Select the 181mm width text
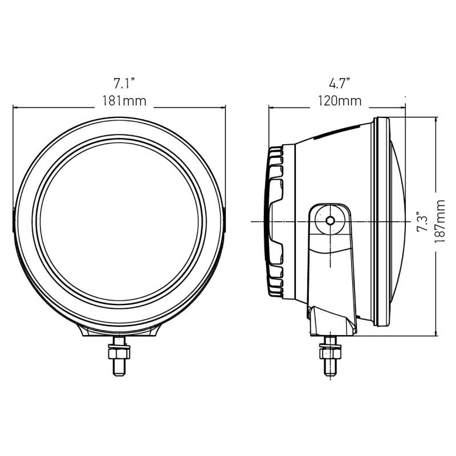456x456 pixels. [x=124, y=101]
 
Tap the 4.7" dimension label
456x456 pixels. [x=339, y=84]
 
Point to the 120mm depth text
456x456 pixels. [x=340, y=101]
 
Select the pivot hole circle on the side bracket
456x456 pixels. [x=330, y=220]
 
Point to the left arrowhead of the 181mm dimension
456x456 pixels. [x=16, y=107]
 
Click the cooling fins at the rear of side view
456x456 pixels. [x=276, y=222]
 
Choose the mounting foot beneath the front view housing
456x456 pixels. [x=120, y=331]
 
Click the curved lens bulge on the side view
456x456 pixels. [x=399, y=222]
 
